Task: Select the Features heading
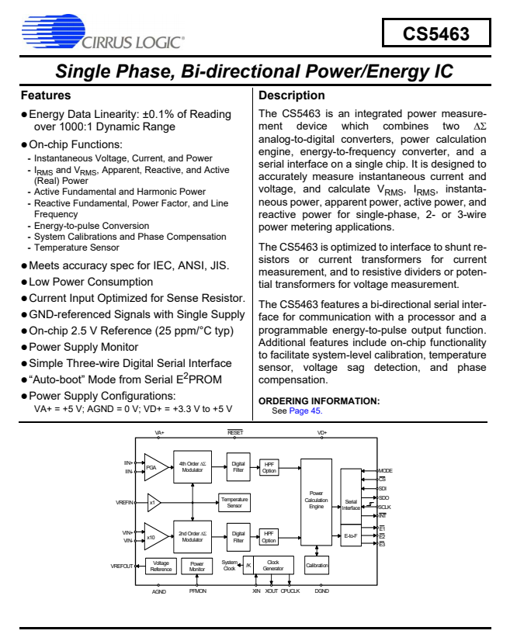[x=46, y=95]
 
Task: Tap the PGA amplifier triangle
[x=153, y=467]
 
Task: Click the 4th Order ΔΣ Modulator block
[x=192, y=467]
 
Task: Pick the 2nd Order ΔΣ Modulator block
[x=192, y=535]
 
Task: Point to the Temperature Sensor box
[x=234, y=502]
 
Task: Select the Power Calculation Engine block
[x=316, y=501]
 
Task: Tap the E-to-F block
[x=351, y=535]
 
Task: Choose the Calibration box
[x=317, y=566]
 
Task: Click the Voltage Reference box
[x=161, y=567]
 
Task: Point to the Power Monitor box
[x=197, y=567]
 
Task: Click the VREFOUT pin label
[x=122, y=567]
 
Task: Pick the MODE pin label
[x=385, y=470]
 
